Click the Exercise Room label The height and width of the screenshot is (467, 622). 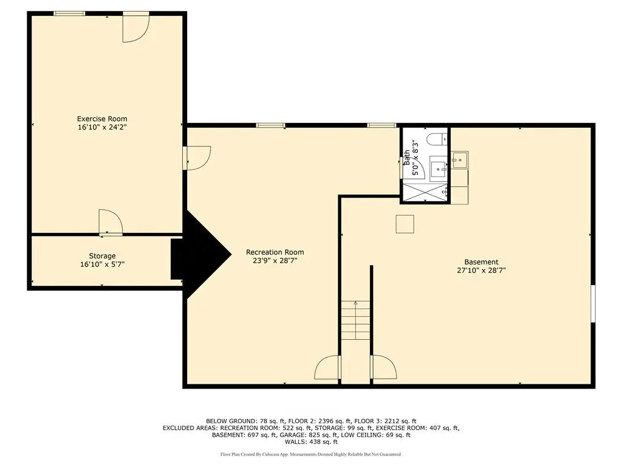pos(102,119)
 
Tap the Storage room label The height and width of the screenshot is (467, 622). pos(102,256)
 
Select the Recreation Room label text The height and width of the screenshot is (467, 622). pos(275,252)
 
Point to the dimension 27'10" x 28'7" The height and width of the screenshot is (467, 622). pos(481,271)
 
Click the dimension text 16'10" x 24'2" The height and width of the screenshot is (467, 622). pos(102,128)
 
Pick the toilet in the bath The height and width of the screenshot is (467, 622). pos(437,139)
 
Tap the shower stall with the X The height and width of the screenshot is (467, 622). pos(425,192)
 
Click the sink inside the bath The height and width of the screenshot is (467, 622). pos(439,170)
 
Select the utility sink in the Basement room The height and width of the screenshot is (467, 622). pos(460,160)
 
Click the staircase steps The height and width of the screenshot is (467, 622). pos(356,320)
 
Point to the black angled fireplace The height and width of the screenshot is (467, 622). pos(201,254)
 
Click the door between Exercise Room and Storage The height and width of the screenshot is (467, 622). pos(111,223)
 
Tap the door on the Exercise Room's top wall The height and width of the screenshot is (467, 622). pos(135,27)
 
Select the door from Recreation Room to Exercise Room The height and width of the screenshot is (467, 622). pos(197,158)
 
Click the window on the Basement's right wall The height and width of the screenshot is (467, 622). pos(593,304)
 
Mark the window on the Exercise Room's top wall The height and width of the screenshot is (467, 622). pos(69,14)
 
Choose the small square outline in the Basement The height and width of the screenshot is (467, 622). pos(405,224)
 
